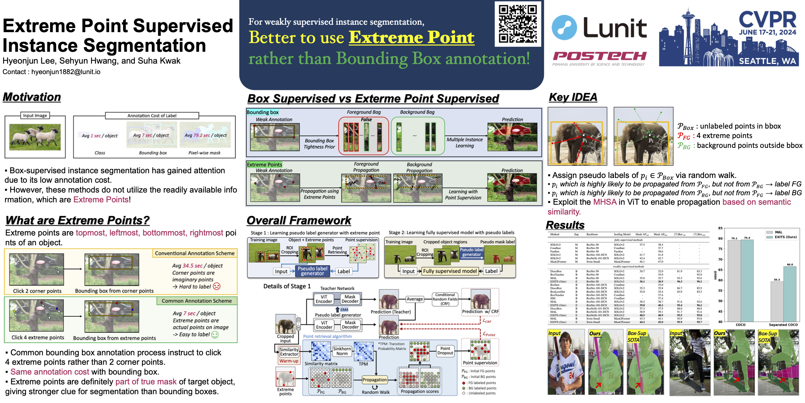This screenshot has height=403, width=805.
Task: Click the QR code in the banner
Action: [518, 24]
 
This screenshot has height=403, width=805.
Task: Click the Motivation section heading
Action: [32, 97]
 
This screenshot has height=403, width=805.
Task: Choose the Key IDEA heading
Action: [573, 97]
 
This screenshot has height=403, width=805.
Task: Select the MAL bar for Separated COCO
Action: [777, 301]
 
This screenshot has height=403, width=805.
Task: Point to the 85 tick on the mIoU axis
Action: [720, 228]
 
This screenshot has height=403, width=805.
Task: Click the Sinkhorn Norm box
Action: [342, 351]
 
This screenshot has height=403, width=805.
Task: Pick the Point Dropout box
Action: [445, 351]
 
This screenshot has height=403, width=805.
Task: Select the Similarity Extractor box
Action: [289, 352]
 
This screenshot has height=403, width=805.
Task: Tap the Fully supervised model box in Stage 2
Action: [450, 271]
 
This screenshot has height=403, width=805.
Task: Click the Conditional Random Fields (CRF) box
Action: [445, 299]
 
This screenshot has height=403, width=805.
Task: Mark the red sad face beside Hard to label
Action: [217, 286]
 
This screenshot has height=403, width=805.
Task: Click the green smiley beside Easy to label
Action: [215, 335]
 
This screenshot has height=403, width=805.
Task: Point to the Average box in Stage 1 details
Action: [415, 299]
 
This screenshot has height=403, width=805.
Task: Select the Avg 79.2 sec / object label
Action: [206, 135]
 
